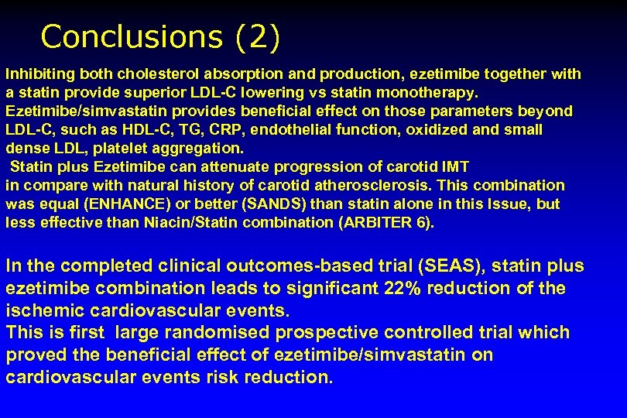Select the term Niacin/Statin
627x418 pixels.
183,223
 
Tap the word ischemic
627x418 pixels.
39,310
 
